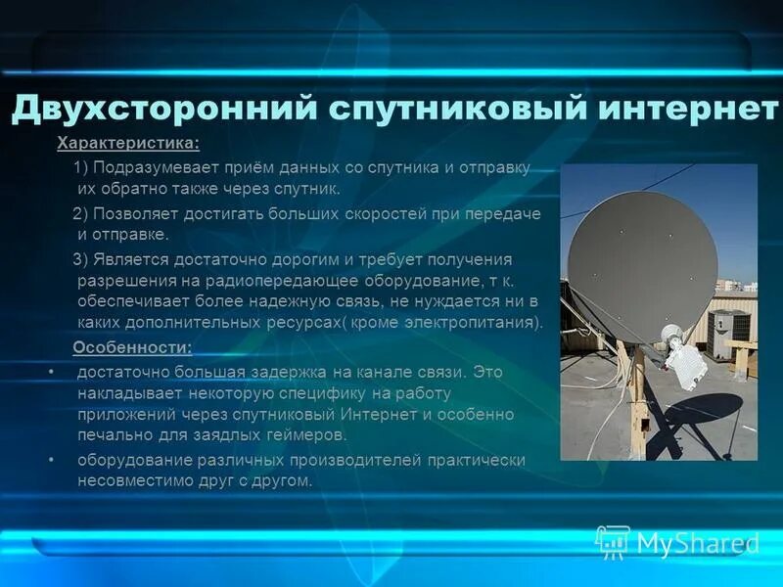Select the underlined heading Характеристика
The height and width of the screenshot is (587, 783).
click(x=128, y=145)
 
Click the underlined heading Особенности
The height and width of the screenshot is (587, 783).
click(x=132, y=348)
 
